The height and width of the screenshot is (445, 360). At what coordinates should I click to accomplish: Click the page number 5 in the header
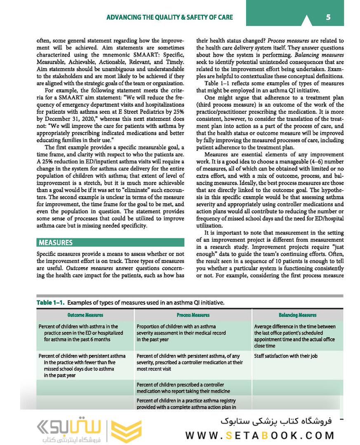[x=328, y=17]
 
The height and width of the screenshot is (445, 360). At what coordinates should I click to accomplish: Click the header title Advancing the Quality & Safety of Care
[x=169, y=17]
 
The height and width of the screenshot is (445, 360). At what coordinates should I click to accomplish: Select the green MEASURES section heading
[x=55, y=243]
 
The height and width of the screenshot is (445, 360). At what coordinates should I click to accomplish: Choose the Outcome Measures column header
[x=85, y=315]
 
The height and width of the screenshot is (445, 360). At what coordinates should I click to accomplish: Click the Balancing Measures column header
[x=297, y=315]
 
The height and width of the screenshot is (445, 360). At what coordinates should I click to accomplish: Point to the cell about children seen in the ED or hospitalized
[x=80, y=333]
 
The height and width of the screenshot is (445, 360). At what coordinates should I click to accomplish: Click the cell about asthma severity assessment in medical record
[x=182, y=333]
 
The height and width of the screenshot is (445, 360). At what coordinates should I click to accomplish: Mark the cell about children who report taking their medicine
[x=183, y=388]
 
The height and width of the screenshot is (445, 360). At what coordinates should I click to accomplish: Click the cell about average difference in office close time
[x=294, y=336]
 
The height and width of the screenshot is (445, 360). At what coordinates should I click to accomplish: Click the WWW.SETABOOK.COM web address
[x=260, y=435]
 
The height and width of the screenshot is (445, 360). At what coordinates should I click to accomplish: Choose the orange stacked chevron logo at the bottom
[x=127, y=431]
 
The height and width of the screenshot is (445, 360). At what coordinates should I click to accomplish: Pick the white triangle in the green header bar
[x=306, y=20]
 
